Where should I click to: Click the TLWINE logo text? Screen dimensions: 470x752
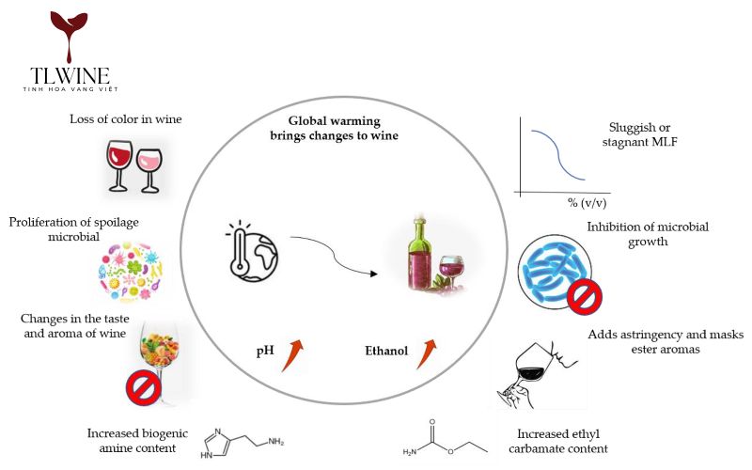click(x=69, y=74)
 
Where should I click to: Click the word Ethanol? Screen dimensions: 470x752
click(x=386, y=352)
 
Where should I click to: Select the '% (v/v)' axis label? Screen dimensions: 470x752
click(x=585, y=202)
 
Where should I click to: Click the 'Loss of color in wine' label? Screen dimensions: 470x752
click(x=125, y=119)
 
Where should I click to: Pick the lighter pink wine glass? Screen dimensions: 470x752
click(x=149, y=167)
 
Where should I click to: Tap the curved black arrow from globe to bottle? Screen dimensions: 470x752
click(x=334, y=258)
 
